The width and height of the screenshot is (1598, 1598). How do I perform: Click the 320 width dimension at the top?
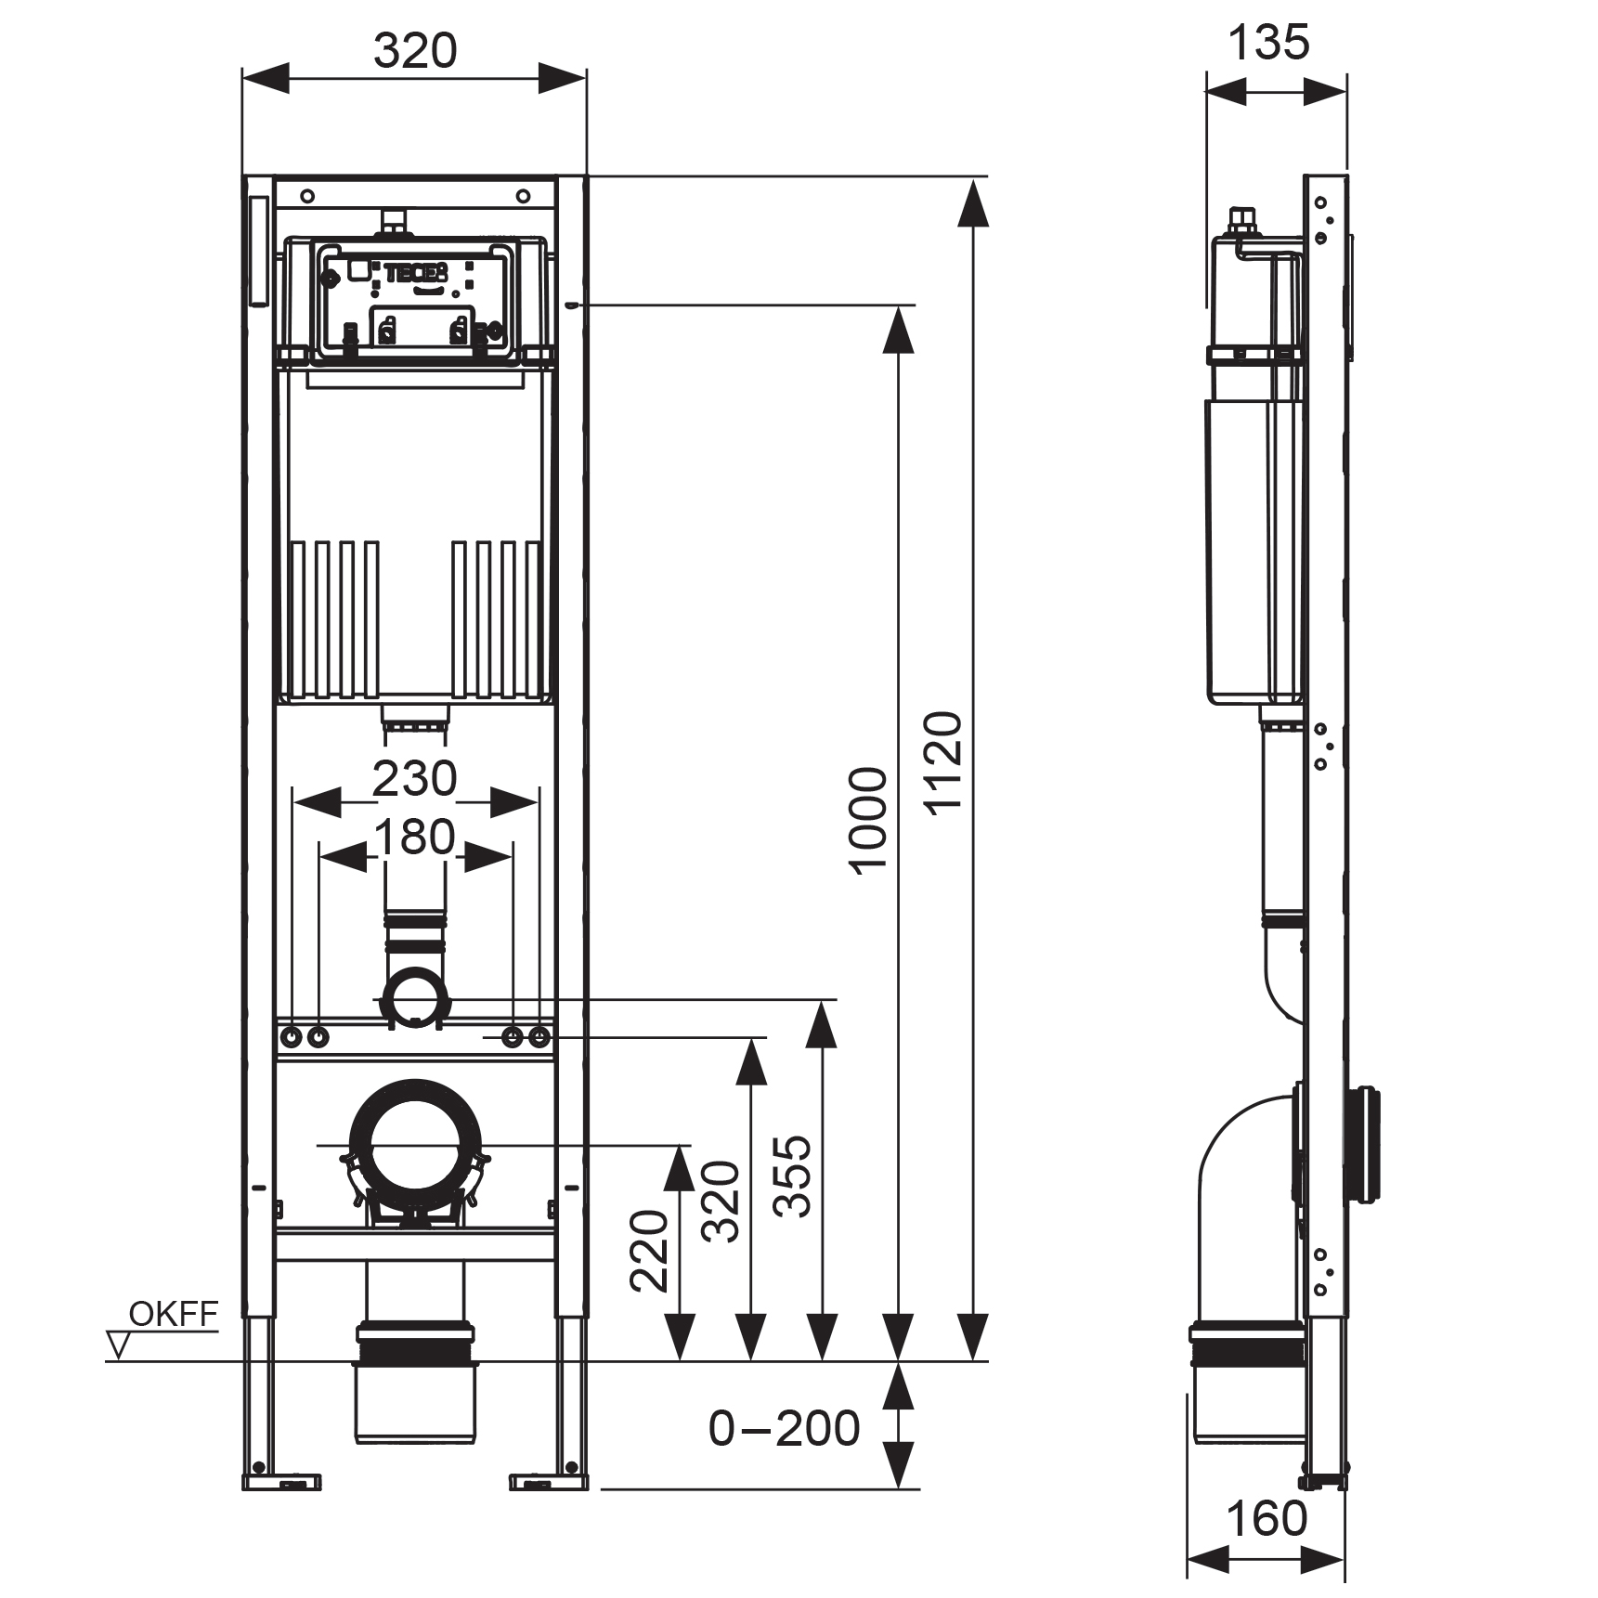415,51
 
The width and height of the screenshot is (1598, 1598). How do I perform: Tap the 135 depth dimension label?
1268,43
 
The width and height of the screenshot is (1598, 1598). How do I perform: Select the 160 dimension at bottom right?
1267,1519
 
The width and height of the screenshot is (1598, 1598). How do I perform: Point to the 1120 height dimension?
944,764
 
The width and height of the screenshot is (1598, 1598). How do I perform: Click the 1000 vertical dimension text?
868,821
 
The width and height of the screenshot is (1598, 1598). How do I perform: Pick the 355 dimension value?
793,1176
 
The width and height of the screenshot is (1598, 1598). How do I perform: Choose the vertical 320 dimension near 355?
721,1202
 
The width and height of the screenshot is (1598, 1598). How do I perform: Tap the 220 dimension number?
649,1251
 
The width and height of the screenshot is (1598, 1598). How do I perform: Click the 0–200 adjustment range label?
784,1428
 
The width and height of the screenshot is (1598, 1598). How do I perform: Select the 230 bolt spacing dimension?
414,778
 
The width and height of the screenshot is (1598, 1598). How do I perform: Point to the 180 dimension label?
414,837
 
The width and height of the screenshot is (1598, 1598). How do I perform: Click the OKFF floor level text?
174,1314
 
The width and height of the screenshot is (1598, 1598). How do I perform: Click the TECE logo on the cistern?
417,273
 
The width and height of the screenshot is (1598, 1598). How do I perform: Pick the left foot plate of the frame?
282,1483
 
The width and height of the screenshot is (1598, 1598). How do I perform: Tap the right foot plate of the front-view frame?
549,1483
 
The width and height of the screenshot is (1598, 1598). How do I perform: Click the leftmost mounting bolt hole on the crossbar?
292,1037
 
